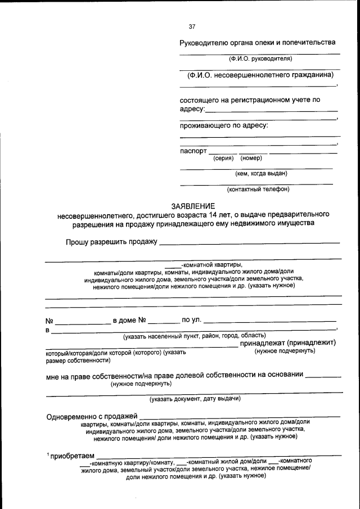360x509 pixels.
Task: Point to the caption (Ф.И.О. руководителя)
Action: pos(260,58)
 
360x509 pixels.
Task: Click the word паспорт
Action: pos(193,151)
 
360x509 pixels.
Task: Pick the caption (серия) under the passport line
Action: pos(223,158)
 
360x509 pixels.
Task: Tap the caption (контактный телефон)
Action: pos(258,189)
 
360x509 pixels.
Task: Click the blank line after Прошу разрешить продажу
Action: pos(250,243)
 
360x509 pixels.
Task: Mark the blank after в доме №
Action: pos(164,323)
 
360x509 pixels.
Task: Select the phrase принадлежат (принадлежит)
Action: pos(287,343)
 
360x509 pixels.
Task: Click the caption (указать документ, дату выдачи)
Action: pos(195,399)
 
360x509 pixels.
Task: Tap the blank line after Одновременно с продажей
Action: pos(240,417)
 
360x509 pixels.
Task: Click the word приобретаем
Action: pos(73,456)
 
